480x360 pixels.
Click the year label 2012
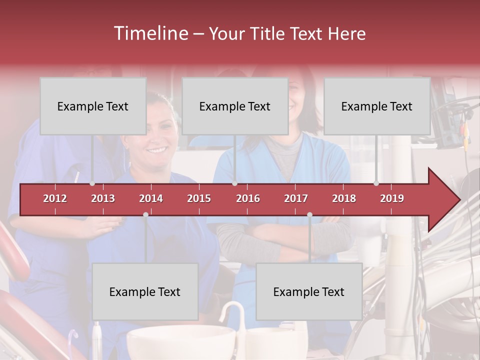[55, 198]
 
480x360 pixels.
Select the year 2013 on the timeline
[103, 198]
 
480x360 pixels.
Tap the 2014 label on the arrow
[151, 198]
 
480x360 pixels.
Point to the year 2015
[199, 198]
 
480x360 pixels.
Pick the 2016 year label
[248, 198]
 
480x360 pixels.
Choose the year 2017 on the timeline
[296, 198]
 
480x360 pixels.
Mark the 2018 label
[344, 198]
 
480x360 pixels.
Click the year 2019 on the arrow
[392, 198]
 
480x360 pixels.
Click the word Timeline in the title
[150, 33]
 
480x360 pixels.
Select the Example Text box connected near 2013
[93, 106]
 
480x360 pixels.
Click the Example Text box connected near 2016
[235, 106]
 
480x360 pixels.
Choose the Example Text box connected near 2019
[377, 106]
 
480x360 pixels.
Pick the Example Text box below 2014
[145, 291]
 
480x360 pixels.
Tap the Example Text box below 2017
[309, 291]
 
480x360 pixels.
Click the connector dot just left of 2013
[92, 183]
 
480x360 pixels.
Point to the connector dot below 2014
[145, 214]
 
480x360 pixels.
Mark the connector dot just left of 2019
[376, 183]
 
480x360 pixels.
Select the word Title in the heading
[269, 34]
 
